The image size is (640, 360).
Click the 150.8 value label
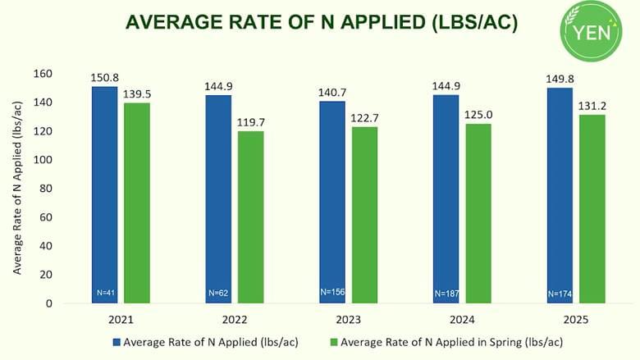click(x=104, y=78)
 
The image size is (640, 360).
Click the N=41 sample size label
click(x=104, y=293)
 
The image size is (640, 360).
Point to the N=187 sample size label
click(x=446, y=293)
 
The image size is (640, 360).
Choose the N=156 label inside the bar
click(x=332, y=292)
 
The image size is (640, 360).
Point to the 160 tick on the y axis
click(x=43, y=74)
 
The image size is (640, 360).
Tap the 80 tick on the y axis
click(x=46, y=189)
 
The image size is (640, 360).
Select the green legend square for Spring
click(x=333, y=342)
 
